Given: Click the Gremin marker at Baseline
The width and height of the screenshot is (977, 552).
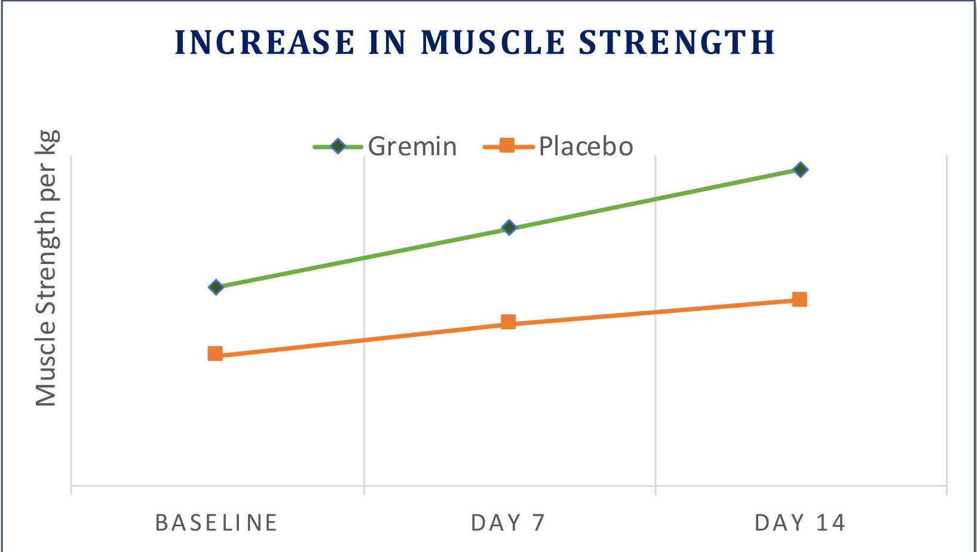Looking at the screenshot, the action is point(216,287).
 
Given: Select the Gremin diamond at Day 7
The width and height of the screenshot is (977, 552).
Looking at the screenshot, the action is point(509,228).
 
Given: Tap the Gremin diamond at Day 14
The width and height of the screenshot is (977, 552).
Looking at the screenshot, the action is point(800,169).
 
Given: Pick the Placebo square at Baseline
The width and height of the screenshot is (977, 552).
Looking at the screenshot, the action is point(215,353).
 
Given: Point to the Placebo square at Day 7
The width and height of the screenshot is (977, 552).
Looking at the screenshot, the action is point(508,322).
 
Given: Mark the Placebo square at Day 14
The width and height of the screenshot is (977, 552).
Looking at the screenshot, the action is point(800,299).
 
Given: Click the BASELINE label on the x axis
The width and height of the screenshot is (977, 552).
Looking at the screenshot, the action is point(216,523).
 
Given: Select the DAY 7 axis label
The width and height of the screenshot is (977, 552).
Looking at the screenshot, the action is point(508,523).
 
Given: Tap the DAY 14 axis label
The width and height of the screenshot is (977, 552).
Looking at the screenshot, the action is point(800,523).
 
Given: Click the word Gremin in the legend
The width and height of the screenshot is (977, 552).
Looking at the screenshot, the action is point(412,146).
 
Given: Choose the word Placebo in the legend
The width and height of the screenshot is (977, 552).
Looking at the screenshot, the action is point(586,146).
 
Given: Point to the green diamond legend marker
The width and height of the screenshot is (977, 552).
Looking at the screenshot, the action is point(338,146).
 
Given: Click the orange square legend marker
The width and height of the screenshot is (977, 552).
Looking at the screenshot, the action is point(507,145).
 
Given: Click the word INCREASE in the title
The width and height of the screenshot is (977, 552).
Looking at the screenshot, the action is point(265,43).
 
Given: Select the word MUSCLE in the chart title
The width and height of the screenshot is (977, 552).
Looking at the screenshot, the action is point(493,43).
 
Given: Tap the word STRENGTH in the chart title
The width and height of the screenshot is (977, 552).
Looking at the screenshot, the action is point(678,43).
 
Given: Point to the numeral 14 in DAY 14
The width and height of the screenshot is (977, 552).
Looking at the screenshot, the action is point(831,523).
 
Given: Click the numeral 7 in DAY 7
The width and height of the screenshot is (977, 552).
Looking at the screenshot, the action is point(538,523).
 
